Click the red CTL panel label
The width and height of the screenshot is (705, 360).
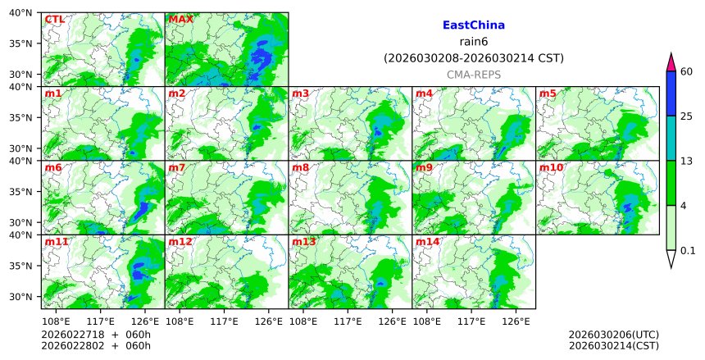tap(53, 19)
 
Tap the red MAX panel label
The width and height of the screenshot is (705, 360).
tap(180, 19)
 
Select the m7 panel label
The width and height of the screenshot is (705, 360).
tap(177, 168)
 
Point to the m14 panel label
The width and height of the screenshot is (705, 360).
tap(427, 242)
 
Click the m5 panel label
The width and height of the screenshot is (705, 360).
tap(548, 93)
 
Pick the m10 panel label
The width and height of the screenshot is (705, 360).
tap(551, 168)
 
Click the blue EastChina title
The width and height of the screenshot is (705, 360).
tap(473, 25)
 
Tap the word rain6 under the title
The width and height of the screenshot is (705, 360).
tap(473, 42)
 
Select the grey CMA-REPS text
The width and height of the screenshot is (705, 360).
tap(473, 75)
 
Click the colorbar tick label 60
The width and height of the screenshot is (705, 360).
tap(688, 71)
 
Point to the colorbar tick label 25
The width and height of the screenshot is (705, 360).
tap(688, 116)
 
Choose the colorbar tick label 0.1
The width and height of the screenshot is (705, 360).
tap(689, 250)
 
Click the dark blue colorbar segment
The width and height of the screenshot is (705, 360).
tap(671, 93)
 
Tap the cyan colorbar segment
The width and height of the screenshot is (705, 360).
tap(671, 138)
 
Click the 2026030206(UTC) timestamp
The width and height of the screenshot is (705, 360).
tap(613, 335)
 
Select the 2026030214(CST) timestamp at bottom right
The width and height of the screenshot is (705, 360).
tap(613, 346)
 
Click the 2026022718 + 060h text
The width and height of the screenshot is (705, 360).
tap(85, 335)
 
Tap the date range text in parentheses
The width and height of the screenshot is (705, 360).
tap(473, 58)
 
